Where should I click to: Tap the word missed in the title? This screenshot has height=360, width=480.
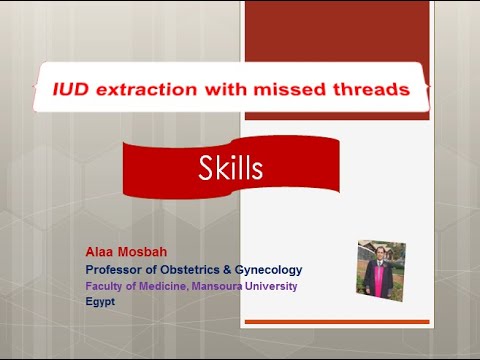306,90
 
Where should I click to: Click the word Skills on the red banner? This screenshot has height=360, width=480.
231,169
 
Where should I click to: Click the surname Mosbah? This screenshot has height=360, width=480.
146,253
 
